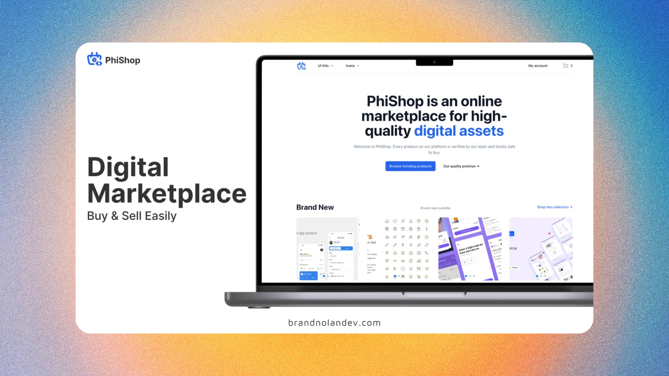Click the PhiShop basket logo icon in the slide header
point(94,59)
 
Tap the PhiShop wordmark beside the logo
point(123,60)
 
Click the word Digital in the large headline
point(128,167)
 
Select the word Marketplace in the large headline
point(167,194)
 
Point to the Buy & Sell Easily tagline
point(132,216)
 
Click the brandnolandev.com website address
point(334,323)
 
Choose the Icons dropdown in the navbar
point(352,66)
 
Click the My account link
point(538,66)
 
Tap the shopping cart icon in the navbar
point(565,66)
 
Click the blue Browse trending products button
point(410,166)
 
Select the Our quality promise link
point(461,166)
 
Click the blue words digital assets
point(459,131)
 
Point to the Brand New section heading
point(315,207)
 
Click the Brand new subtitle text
point(435,208)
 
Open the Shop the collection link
point(554,207)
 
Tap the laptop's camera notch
point(434,62)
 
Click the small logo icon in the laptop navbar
point(301,66)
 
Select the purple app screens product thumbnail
point(470,249)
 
